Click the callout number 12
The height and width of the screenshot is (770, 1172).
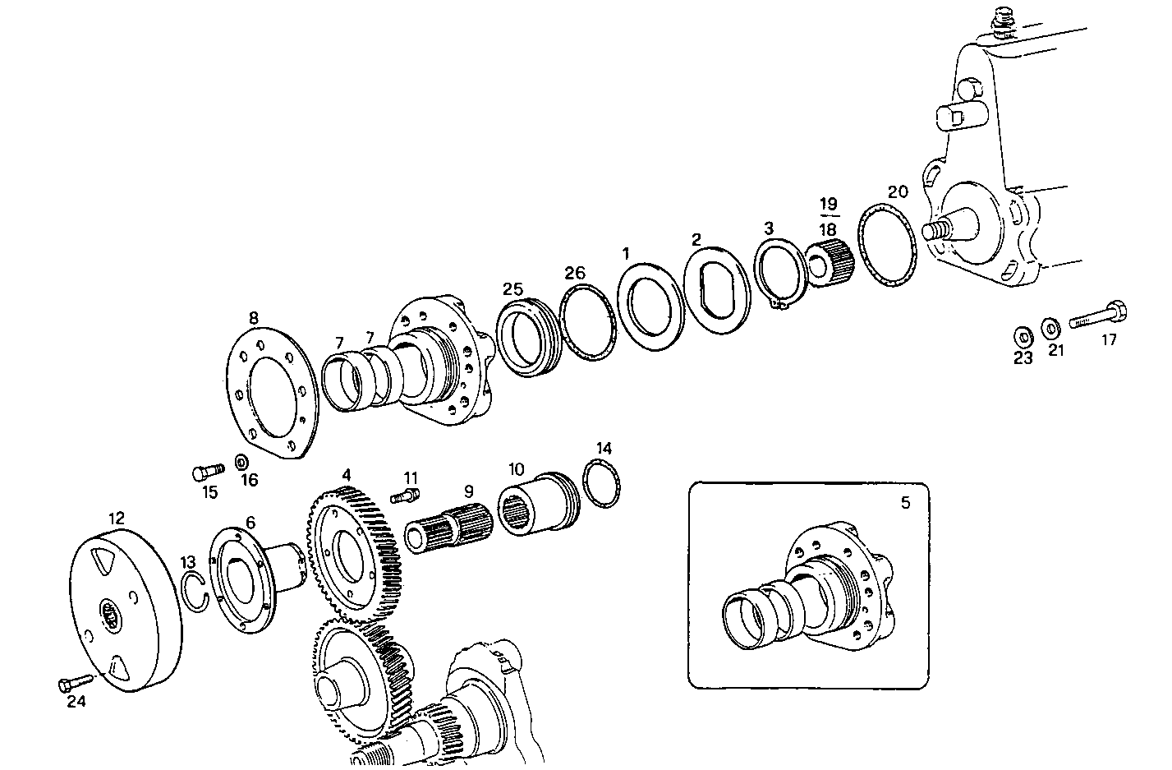116,518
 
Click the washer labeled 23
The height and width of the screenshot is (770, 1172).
1023,335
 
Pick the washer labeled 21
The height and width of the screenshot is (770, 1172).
1050,329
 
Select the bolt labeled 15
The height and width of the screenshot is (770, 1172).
208,472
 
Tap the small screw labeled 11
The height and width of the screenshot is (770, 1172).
406,495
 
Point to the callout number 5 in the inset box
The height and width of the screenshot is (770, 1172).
905,503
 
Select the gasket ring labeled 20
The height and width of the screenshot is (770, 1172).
887,249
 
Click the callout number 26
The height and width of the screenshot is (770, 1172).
575,272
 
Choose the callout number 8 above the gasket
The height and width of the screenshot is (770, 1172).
253,317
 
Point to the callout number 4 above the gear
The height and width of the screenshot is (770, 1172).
347,475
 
